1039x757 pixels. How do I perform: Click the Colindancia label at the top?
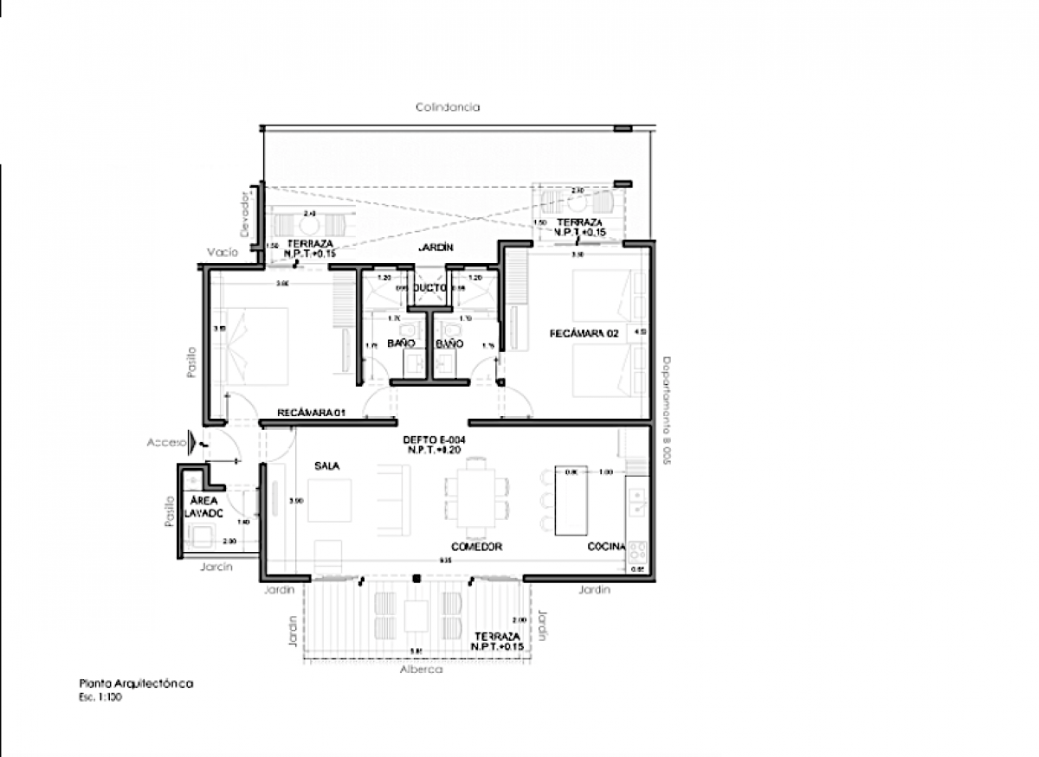(447, 107)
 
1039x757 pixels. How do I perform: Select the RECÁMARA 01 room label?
(312, 413)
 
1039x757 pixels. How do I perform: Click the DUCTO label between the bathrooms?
(429, 286)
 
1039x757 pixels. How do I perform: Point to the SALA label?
(327, 465)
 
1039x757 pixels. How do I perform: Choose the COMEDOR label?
(476, 547)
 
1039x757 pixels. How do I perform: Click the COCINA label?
(606, 547)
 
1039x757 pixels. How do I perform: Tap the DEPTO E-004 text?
(429, 439)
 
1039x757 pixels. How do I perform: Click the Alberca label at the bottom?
(422, 670)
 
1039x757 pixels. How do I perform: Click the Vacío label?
(222, 253)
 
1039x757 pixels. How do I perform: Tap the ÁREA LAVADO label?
(203, 507)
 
